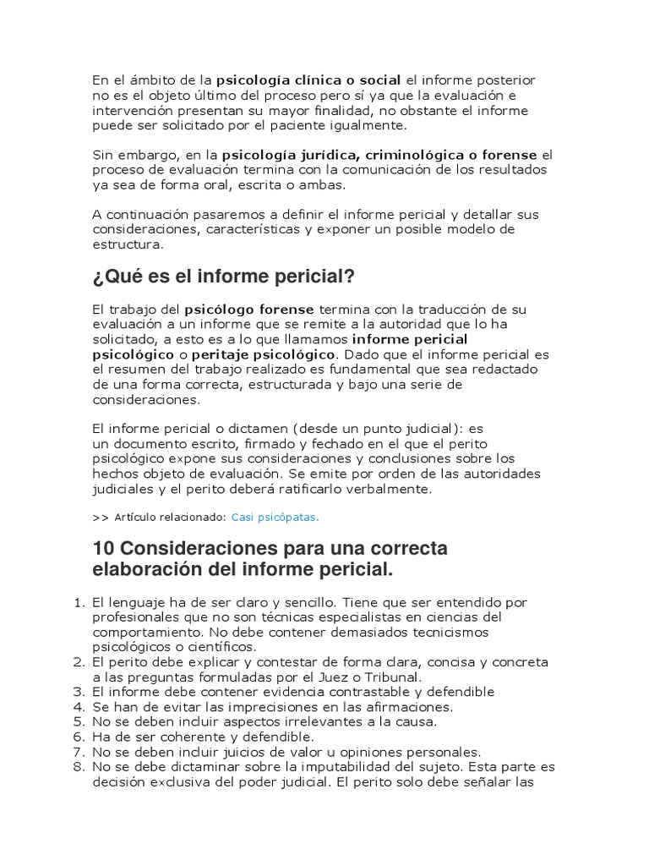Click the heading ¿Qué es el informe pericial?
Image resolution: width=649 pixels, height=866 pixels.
point(223,277)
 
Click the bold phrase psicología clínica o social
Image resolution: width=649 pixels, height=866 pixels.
point(309,80)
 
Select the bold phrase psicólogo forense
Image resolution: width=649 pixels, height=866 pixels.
point(249,309)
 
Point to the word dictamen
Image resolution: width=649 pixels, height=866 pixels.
point(257,429)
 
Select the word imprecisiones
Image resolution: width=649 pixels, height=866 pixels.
point(286,706)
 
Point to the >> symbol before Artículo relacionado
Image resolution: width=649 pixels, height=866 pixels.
point(100,516)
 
